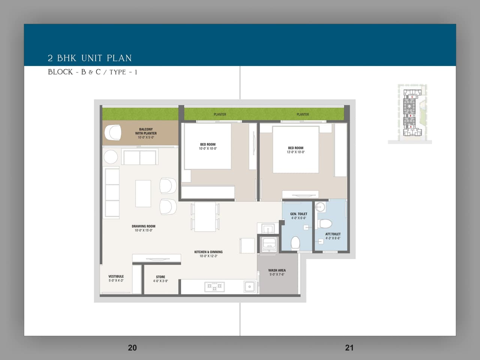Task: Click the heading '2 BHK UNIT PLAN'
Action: tap(90, 58)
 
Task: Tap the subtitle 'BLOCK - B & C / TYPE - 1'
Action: tap(92, 72)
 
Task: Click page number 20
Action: tap(132, 348)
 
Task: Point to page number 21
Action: tap(349, 348)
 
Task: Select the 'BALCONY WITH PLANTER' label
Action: tap(146, 133)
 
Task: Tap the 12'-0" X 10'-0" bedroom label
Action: tap(295, 150)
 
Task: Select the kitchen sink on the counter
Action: tap(249, 287)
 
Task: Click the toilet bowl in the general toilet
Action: tap(295, 243)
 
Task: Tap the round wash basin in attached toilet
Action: tap(320, 207)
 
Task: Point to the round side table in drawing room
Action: tap(111, 157)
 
